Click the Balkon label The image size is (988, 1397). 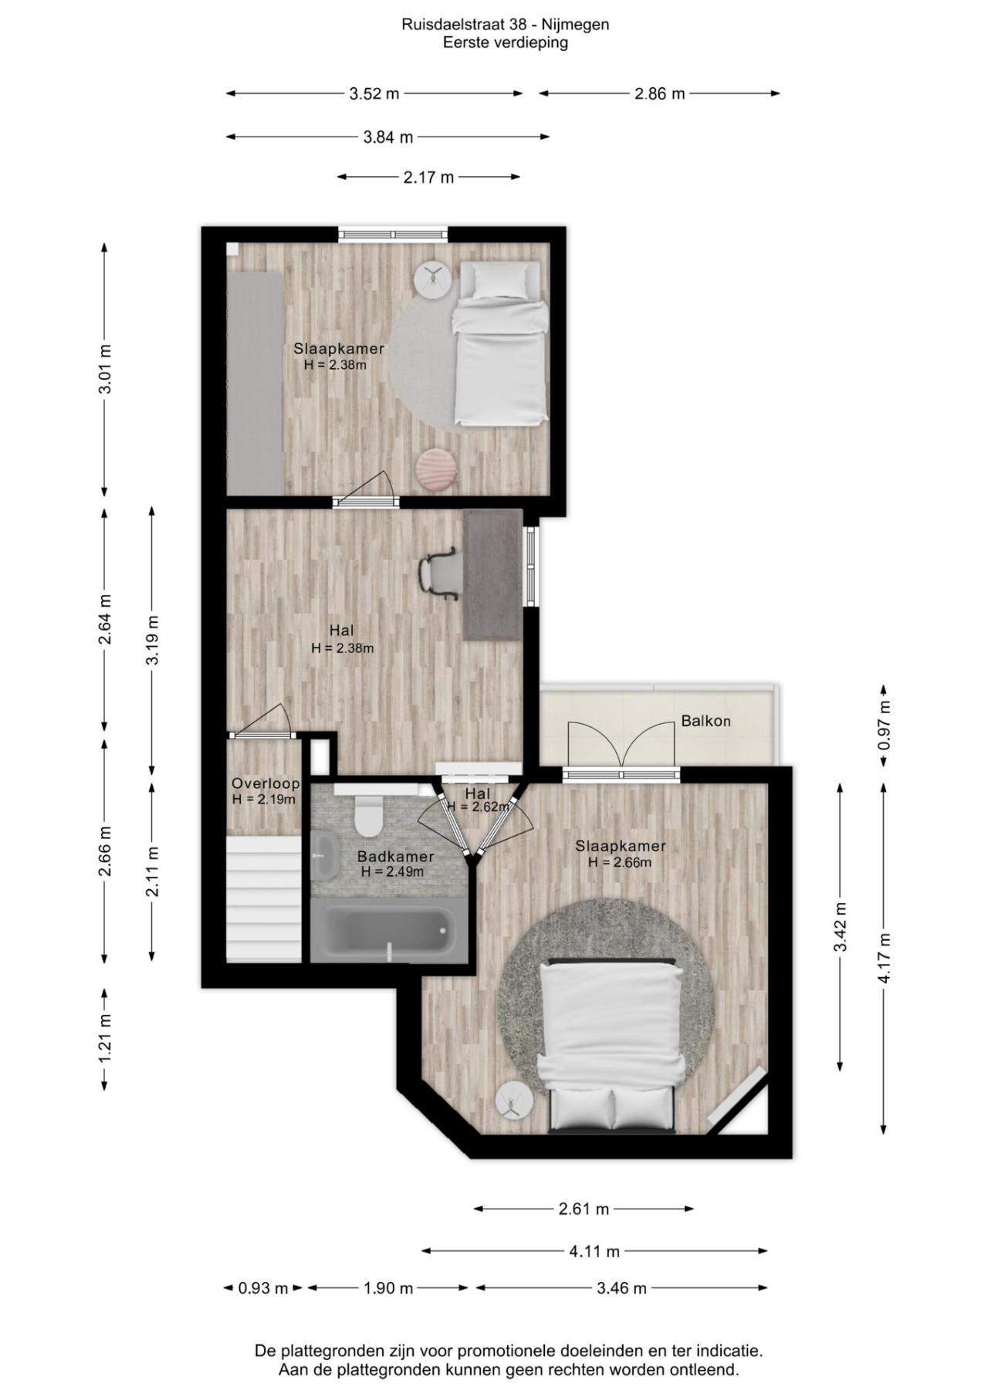[705, 722]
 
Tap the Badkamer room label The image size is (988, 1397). [395, 857]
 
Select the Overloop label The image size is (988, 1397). [266, 784]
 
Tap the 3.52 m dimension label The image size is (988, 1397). [374, 94]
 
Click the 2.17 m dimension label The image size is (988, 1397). [428, 178]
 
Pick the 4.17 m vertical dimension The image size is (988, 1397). [885, 958]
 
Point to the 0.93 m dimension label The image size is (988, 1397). [262, 1288]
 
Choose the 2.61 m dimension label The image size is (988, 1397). [584, 1209]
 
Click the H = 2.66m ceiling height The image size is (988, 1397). [620, 862]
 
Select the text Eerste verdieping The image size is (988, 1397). [506, 43]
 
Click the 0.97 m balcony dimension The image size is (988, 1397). [885, 725]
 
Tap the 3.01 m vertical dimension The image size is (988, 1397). [105, 370]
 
